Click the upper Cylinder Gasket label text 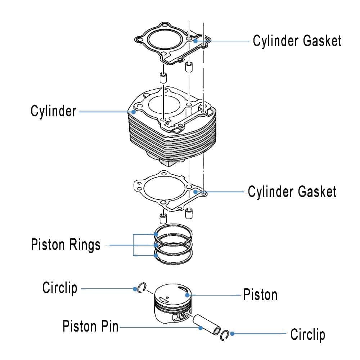click(297, 41)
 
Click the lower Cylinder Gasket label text click(292, 192)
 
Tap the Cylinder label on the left click(53, 111)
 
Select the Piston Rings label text click(66, 245)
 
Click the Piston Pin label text click(90, 327)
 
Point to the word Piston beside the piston click(260, 295)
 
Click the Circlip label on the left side click(60, 288)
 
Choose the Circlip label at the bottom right click(307, 335)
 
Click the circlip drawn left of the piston click(141, 288)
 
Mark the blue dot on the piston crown click(186, 295)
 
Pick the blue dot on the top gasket click(195, 41)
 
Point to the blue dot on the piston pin click(201, 327)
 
